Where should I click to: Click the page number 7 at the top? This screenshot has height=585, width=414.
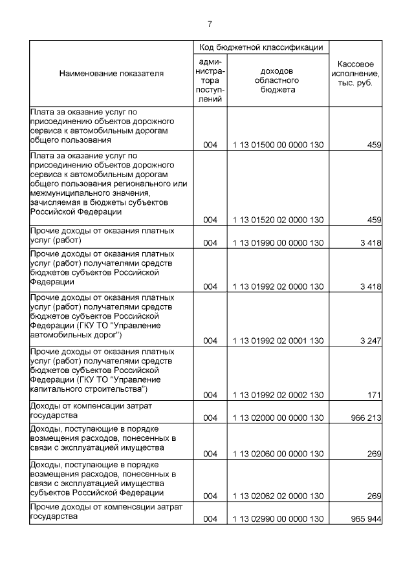(209, 24)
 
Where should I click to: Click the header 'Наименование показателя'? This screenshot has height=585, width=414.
(111, 74)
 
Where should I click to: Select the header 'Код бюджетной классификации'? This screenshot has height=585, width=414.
(261, 47)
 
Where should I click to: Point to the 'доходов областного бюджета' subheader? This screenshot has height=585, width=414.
(278, 80)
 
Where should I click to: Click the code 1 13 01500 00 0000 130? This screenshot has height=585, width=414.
(278, 145)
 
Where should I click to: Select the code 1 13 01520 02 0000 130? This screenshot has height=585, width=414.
(278, 220)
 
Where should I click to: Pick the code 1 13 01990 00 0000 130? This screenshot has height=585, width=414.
(278, 243)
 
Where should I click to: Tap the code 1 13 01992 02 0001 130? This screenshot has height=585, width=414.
(278, 340)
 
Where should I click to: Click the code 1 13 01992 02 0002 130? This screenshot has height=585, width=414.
(278, 394)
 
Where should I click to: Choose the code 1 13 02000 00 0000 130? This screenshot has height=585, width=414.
(278, 418)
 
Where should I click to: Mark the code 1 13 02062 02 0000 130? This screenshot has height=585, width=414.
(278, 496)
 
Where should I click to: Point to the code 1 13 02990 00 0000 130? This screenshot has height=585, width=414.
(278, 519)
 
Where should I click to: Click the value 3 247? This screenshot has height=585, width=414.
(369, 340)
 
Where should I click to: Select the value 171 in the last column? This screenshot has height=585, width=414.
(375, 394)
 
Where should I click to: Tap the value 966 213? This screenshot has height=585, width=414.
(365, 418)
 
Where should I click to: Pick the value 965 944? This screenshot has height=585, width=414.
(365, 519)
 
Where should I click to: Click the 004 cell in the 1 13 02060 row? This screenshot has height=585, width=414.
(210, 454)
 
